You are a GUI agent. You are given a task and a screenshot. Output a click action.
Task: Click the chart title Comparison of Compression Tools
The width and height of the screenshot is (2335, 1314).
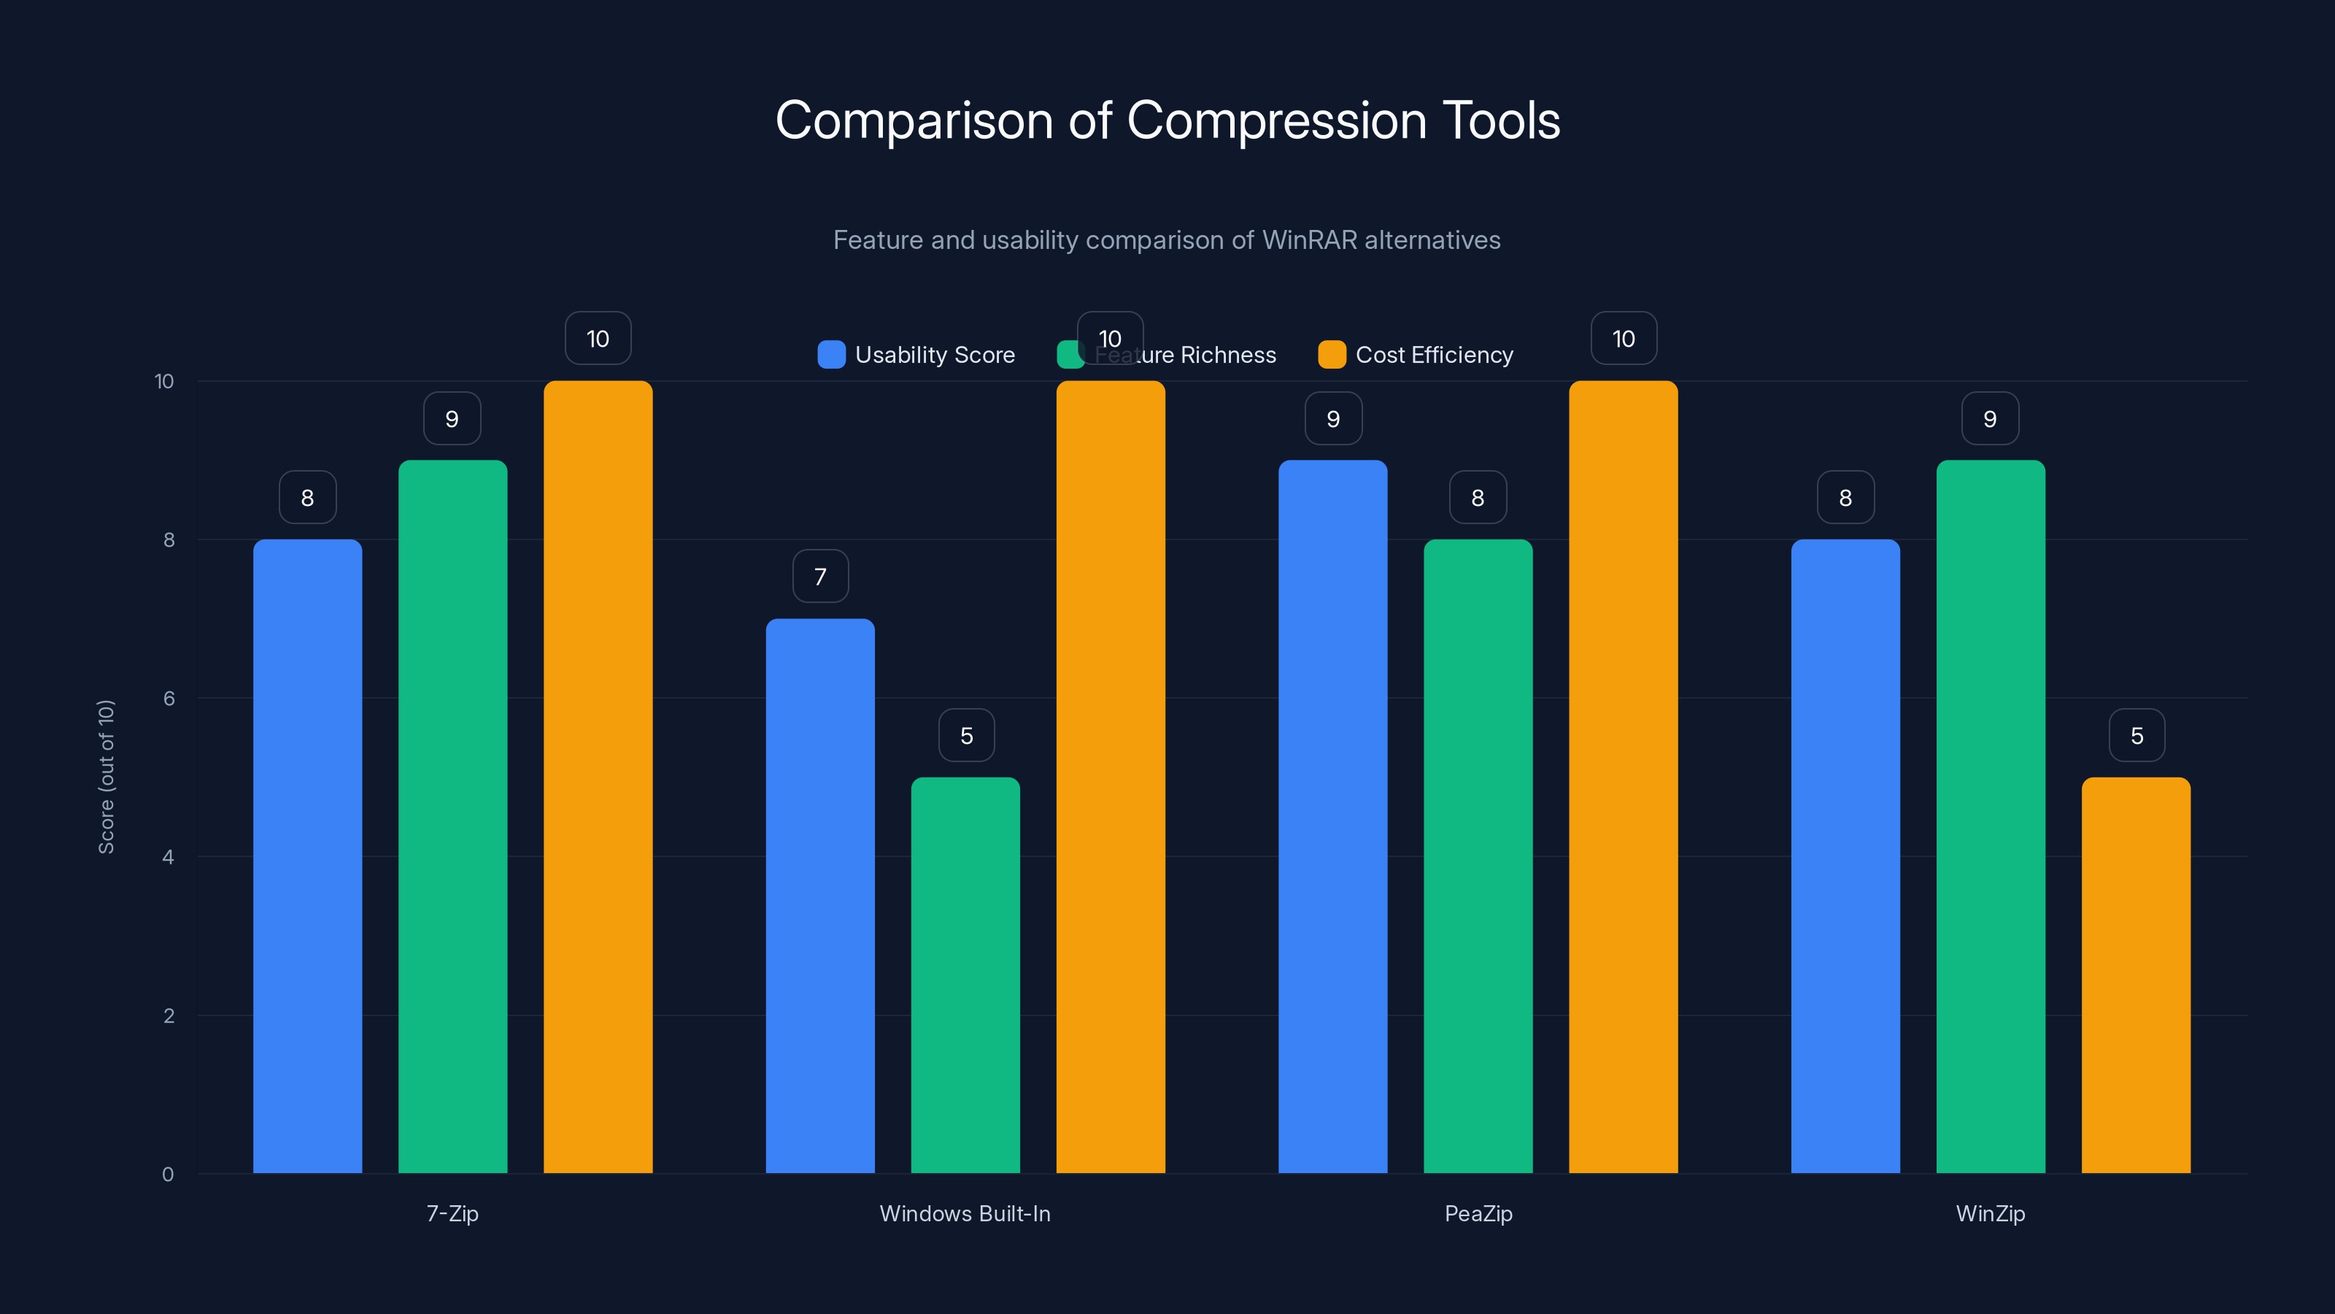point(1167,120)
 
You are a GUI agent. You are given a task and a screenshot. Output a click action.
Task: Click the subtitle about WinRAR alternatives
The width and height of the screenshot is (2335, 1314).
point(1167,240)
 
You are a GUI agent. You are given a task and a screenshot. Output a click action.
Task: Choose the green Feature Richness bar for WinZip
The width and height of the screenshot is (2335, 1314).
point(1991,816)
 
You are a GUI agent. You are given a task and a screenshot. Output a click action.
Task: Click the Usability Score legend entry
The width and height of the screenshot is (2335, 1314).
point(916,355)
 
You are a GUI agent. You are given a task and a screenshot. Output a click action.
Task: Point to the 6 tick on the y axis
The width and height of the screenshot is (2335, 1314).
point(169,699)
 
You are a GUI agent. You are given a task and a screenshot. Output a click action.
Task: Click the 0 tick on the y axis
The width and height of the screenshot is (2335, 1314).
point(168,1175)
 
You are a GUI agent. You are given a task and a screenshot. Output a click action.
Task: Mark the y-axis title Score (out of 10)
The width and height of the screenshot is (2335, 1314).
point(106,777)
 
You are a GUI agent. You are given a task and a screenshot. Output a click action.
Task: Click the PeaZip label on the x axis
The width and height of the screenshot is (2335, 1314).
point(1478,1213)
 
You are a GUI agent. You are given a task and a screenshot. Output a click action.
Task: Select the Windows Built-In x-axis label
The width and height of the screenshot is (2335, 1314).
point(965,1213)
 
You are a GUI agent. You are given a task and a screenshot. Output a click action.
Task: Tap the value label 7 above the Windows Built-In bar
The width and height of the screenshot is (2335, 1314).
point(820,577)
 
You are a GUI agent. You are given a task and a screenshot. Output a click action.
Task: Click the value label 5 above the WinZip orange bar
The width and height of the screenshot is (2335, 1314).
point(2137,735)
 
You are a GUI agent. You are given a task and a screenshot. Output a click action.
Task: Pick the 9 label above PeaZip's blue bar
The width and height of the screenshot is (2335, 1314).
point(1332,419)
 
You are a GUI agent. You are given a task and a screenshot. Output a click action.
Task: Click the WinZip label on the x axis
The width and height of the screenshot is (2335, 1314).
point(1991,1213)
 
